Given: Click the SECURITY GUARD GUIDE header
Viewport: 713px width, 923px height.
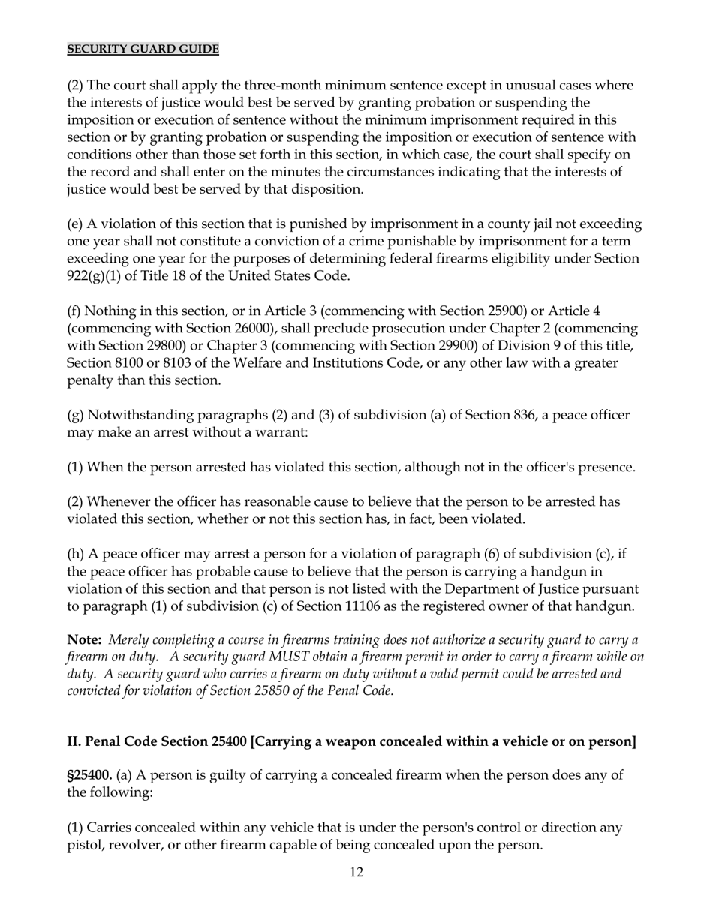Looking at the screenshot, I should tap(143, 50).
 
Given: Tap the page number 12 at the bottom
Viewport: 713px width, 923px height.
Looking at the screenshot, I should tap(356, 872).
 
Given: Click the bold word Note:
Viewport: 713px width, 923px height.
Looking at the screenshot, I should tap(84, 639).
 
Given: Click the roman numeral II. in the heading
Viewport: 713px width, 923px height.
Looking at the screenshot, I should tap(74, 741).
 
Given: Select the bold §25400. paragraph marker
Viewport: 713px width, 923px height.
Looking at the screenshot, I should tap(89, 775).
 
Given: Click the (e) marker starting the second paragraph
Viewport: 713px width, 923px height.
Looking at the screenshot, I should tap(76, 224).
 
